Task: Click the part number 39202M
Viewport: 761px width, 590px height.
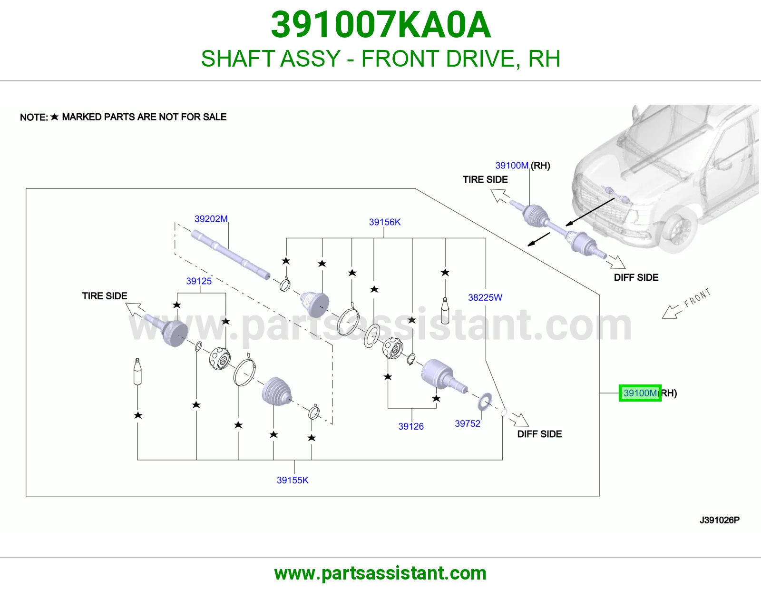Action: point(211,219)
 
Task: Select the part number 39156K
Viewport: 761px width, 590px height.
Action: point(384,222)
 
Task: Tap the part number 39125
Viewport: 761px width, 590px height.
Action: point(198,281)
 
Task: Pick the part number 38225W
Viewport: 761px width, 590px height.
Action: point(485,297)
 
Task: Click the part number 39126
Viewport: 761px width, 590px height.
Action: point(411,426)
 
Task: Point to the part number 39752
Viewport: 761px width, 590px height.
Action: point(468,423)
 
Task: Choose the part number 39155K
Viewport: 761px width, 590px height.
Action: point(293,480)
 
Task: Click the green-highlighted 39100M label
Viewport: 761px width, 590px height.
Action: point(640,393)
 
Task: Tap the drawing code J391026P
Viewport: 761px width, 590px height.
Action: point(720,520)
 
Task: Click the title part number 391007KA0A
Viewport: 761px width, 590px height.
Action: point(380,25)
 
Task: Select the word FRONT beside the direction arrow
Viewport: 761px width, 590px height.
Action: point(697,298)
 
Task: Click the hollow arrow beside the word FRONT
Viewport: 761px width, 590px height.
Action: point(670,312)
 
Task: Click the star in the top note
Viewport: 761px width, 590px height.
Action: point(54,117)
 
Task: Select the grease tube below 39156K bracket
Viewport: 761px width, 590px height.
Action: point(445,310)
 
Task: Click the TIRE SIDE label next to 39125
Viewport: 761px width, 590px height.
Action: point(105,296)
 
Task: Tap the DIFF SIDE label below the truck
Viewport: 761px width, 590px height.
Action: point(636,277)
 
